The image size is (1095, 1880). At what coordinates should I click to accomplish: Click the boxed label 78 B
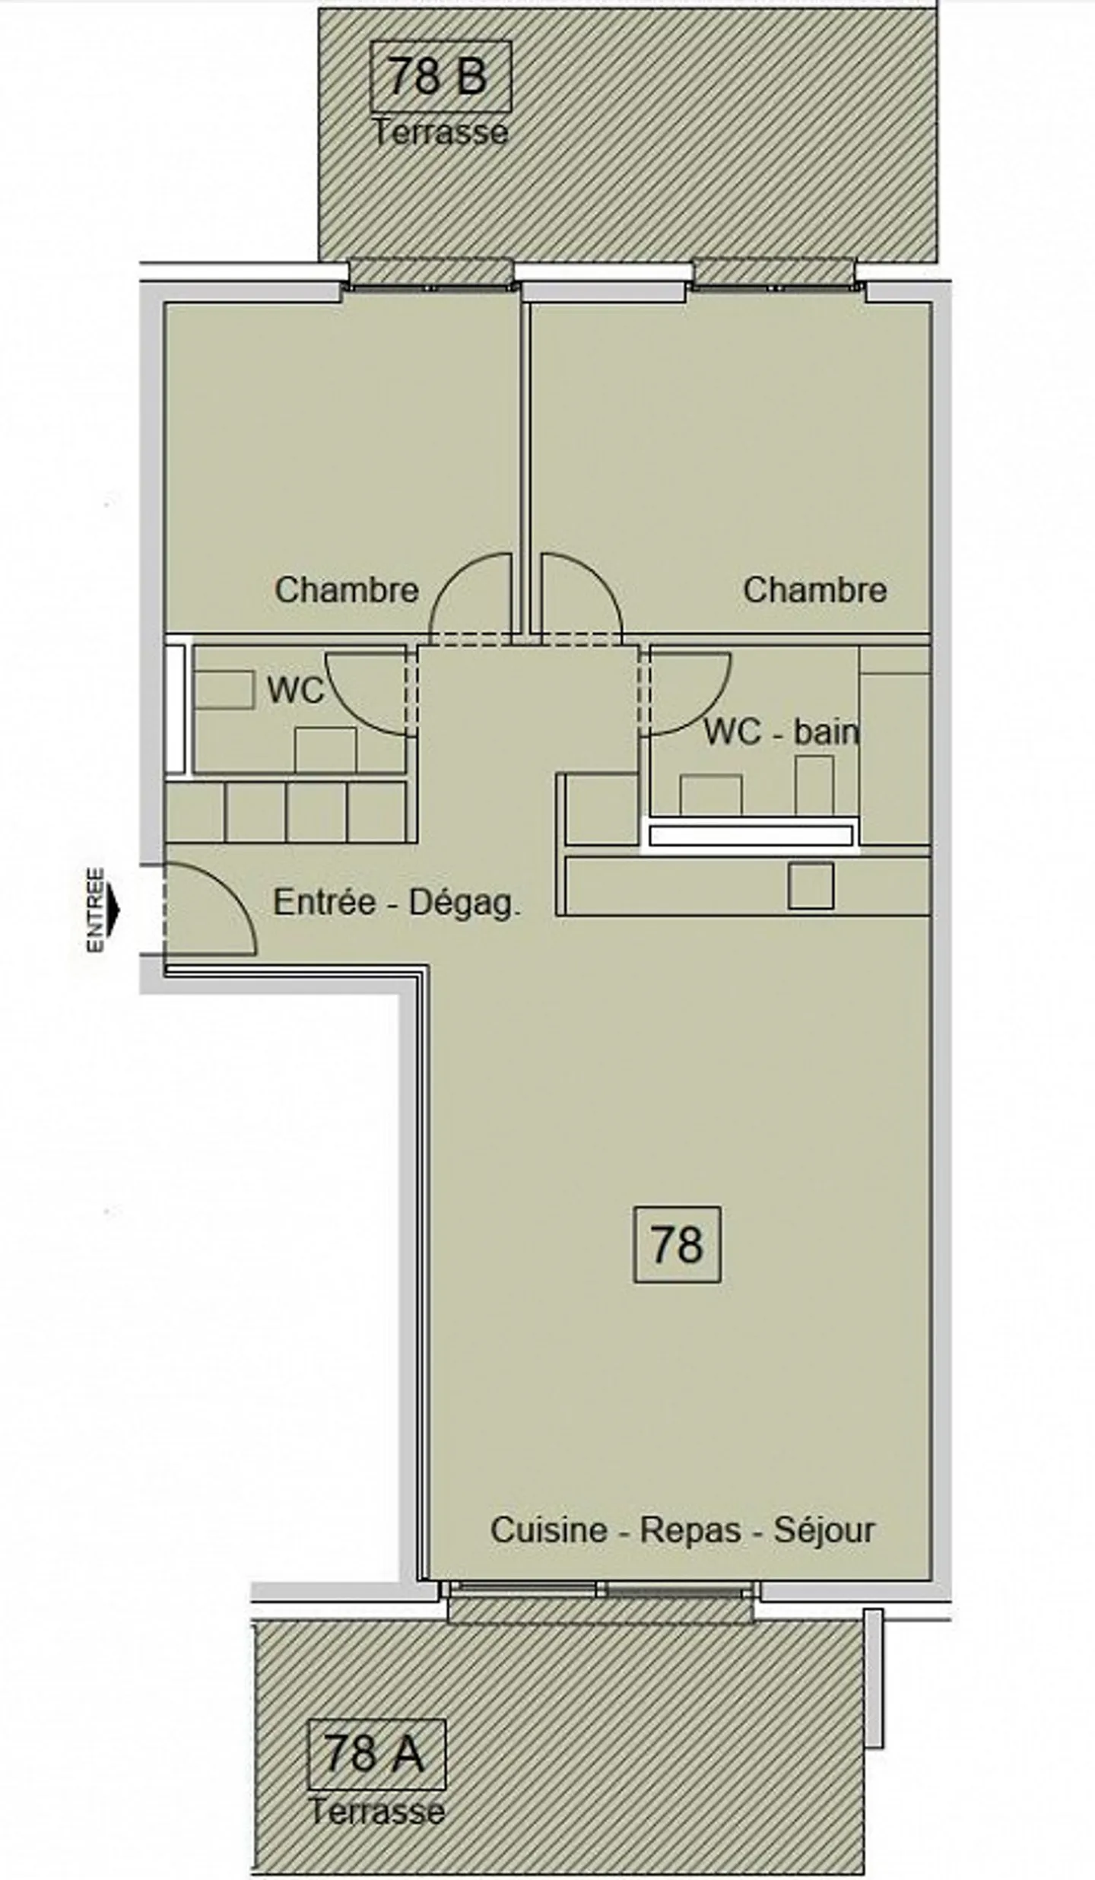pyautogui.click(x=440, y=77)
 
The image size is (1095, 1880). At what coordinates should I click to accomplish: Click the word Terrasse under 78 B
pyautogui.click(x=440, y=132)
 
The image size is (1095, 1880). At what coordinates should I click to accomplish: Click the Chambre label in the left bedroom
pyautogui.click(x=347, y=590)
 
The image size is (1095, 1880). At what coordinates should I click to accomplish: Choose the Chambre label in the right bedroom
pyautogui.click(x=815, y=590)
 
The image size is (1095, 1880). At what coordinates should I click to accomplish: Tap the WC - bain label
pyautogui.click(x=782, y=732)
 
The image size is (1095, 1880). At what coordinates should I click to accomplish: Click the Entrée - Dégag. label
pyautogui.click(x=397, y=903)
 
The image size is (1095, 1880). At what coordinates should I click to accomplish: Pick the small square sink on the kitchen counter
pyautogui.click(x=811, y=885)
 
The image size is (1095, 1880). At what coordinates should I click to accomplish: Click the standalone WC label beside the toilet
pyautogui.click(x=295, y=691)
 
